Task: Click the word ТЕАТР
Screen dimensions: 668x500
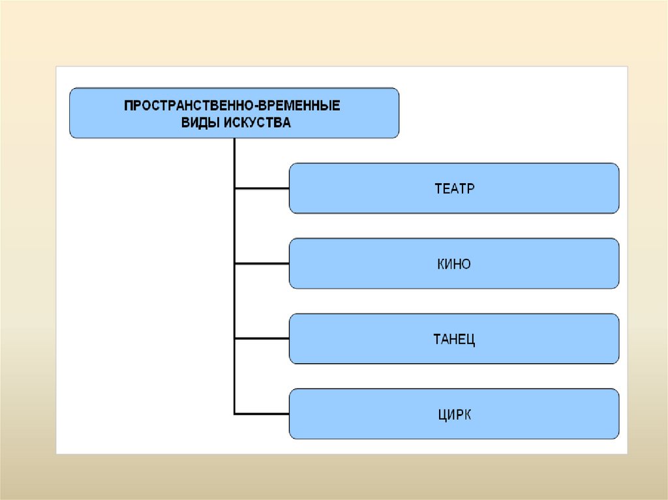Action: click(454, 188)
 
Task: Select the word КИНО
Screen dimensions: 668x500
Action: click(454, 264)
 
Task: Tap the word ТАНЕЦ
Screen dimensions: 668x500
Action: click(454, 340)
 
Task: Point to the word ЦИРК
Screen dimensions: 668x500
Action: click(455, 415)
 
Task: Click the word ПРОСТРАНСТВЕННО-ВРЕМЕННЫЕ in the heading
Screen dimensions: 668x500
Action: click(232, 105)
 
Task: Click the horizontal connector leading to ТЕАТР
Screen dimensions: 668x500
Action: click(262, 188)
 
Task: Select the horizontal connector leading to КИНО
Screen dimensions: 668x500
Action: click(262, 263)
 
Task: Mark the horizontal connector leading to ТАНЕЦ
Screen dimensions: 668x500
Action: click(262, 338)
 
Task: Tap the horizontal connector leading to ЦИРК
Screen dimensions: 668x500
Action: click(262, 413)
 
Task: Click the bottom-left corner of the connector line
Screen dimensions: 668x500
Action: click(234, 413)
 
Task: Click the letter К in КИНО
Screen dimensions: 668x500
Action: click(441, 264)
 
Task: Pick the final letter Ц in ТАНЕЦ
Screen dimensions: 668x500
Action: click(470, 340)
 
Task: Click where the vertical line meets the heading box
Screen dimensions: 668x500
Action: click(234, 138)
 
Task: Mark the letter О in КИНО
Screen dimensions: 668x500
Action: click(466, 264)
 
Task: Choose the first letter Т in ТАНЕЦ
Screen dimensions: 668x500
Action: click(437, 340)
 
